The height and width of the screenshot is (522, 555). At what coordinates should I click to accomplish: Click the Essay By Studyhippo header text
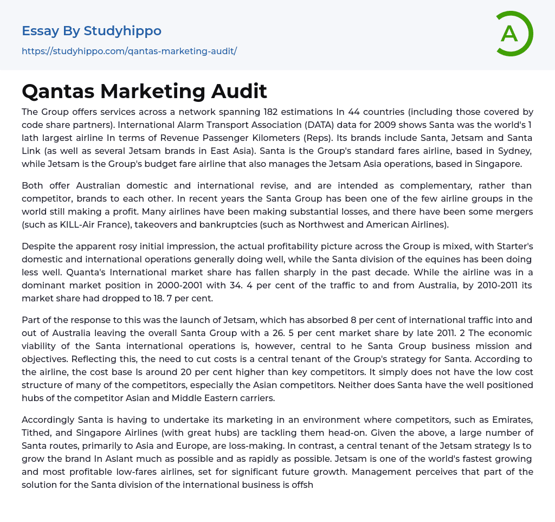click(x=92, y=31)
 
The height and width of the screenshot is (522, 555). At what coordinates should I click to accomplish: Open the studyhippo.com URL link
click(x=129, y=51)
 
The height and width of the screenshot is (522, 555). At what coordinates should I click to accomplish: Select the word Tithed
click(x=37, y=433)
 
